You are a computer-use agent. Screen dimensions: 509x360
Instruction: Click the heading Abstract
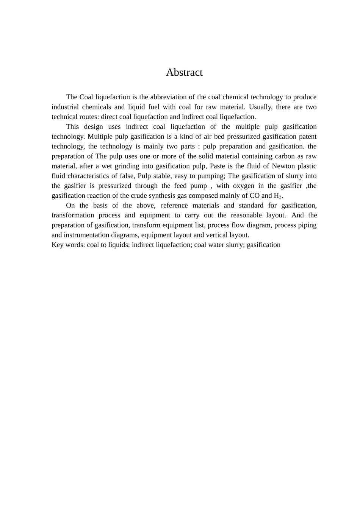(184, 72)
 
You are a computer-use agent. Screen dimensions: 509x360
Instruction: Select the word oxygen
(243, 186)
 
